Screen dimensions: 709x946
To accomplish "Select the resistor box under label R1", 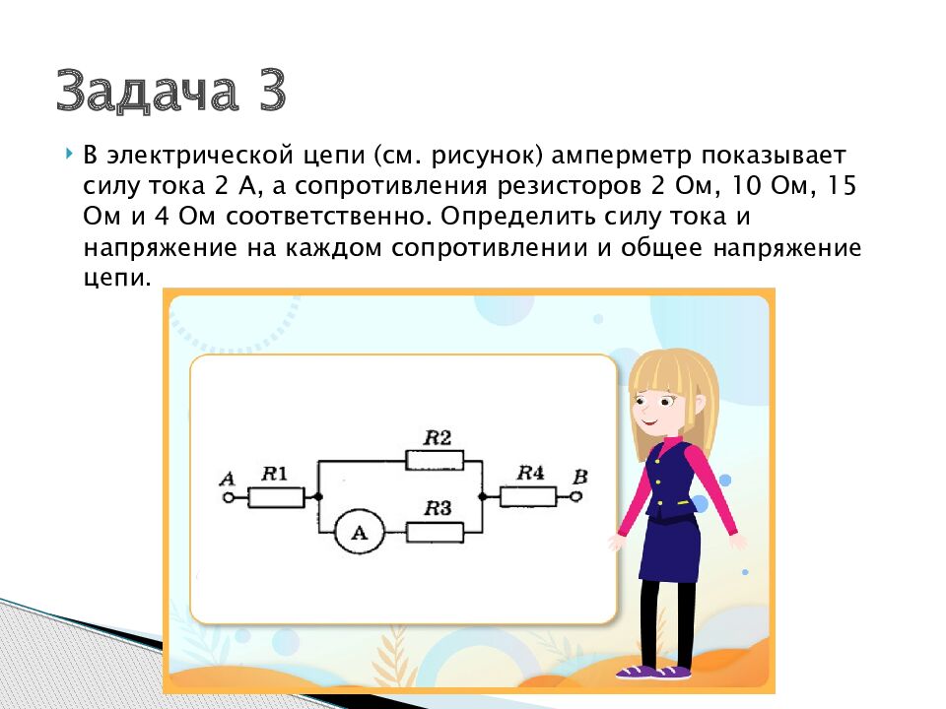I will [276, 497].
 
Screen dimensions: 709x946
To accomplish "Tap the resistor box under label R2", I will [435, 460].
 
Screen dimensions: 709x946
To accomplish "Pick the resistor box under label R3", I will [435, 533].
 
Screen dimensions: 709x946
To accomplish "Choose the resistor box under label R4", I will [528, 497].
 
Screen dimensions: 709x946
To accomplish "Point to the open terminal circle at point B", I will [576, 497].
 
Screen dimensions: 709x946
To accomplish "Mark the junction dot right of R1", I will [317, 497].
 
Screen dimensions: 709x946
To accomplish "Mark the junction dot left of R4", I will [483, 497].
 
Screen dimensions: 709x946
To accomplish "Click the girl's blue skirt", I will [669, 547].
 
